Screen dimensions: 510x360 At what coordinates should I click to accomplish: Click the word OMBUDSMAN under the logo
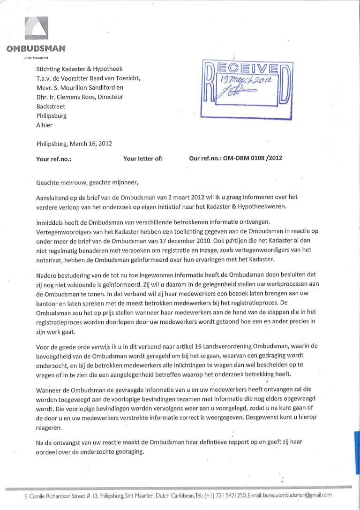(x=36, y=47)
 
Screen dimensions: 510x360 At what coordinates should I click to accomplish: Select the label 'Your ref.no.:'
(x=53, y=159)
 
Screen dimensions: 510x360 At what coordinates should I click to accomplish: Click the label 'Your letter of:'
(x=142, y=159)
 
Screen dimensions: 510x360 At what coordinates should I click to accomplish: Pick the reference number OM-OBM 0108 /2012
(x=253, y=159)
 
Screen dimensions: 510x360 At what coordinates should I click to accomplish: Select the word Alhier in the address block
(x=45, y=125)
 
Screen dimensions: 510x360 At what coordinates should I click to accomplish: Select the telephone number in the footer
(x=223, y=495)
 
